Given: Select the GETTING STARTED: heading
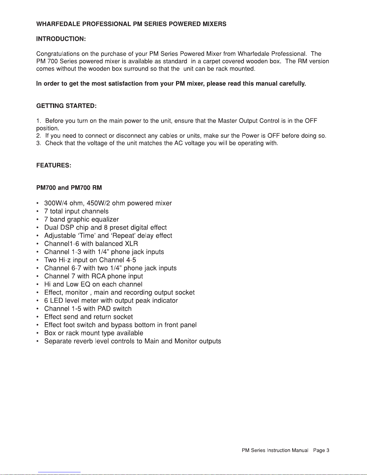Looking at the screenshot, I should [x=66, y=106].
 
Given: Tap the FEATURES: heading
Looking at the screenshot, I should [x=53, y=165].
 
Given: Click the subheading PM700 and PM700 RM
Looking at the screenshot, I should [x=69, y=188].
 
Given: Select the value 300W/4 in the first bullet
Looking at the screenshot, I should [x=56, y=203].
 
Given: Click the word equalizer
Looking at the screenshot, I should [x=105, y=219].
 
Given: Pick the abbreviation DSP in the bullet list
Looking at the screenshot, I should [x=67, y=227].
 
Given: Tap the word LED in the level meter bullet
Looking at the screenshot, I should [x=57, y=301].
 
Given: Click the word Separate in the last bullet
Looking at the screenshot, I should [x=58, y=341].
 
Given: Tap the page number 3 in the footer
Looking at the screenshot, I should [x=328, y=450].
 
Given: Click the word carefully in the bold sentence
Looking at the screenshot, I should [x=292, y=84].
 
